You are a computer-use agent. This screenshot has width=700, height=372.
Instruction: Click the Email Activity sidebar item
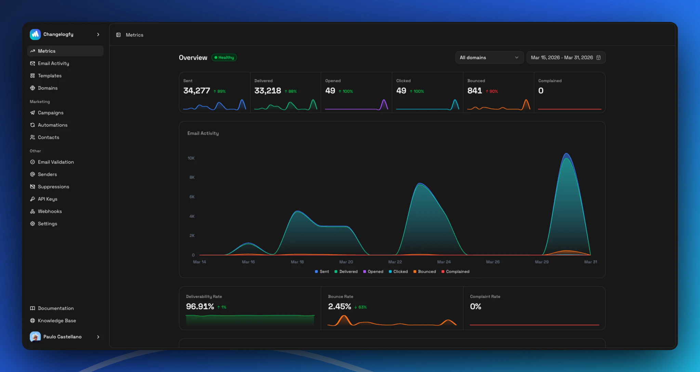pyautogui.click(x=53, y=63)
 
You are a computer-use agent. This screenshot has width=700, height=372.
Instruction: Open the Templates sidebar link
pyautogui.click(x=50, y=76)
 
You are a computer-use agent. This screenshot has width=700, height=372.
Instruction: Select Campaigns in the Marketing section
pyautogui.click(x=51, y=113)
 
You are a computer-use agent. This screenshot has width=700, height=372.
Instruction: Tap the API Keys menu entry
pyautogui.click(x=48, y=199)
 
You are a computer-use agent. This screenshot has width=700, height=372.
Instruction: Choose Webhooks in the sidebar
pyautogui.click(x=50, y=211)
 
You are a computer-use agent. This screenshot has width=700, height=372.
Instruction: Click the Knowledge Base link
pyautogui.click(x=57, y=321)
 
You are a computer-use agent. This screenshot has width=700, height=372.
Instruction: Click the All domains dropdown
pyautogui.click(x=489, y=58)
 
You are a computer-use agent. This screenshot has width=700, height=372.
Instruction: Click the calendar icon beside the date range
pyautogui.click(x=598, y=58)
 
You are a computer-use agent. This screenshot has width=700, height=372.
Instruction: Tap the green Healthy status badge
pyautogui.click(x=224, y=58)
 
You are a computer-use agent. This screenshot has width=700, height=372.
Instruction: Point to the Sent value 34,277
pyautogui.click(x=197, y=91)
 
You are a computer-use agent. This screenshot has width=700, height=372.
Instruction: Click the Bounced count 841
pyautogui.click(x=475, y=91)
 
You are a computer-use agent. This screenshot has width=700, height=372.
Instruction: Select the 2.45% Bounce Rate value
pyautogui.click(x=340, y=307)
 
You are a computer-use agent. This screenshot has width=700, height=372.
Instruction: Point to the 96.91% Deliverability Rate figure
pyautogui.click(x=200, y=307)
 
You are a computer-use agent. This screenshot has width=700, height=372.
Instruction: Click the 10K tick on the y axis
pyautogui.click(x=191, y=158)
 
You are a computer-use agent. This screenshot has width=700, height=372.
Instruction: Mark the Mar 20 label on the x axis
pyautogui.click(x=346, y=262)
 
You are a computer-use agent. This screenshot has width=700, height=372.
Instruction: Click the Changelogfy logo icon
pyautogui.click(x=35, y=34)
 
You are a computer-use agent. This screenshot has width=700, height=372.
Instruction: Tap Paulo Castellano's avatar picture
pyautogui.click(x=35, y=337)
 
